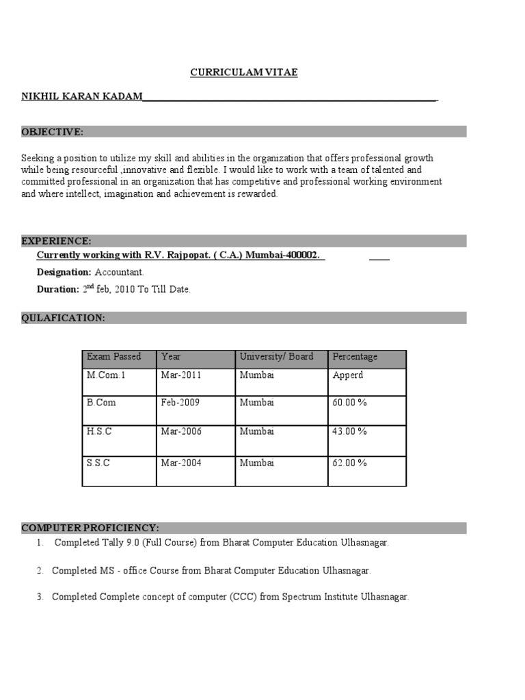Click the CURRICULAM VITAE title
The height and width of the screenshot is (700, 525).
pyautogui.click(x=243, y=72)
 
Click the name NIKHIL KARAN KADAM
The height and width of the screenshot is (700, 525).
pyautogui.click(x=82, y=98)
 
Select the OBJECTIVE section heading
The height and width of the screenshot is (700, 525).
pyautogui.click(x=53, y=131)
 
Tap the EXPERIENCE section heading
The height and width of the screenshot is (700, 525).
pyautogui.click(x=56, y=241)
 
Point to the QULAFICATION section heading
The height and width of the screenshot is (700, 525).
pyautogui.click(x=63, y=318)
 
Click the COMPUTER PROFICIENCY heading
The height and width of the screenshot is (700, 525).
pyautogui.click(x=90, y=528)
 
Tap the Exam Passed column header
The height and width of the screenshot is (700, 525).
pyautogui.click(x=113, y=357)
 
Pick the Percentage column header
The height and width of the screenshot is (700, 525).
pyautogui.click(x=355, y=357)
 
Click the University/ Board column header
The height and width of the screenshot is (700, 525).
pyautogui.click(x=276, y=357)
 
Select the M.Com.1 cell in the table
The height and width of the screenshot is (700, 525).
pyautogui.click(x=107, y=375)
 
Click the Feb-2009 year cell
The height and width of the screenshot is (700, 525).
pyautogui.click(x=180, y=403)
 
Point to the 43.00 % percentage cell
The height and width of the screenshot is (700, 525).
pyautogui.click(x=349, y=431)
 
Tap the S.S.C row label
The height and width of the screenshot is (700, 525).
pyautogui.click(x=98, y=463)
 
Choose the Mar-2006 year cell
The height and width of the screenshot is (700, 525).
pyautogui.click(x=181, y=431)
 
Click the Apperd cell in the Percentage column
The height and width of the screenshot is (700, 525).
pyautogui.click(x=348, y=375)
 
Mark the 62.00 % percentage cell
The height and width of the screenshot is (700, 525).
pyautogui.click(x=349, y=463)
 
